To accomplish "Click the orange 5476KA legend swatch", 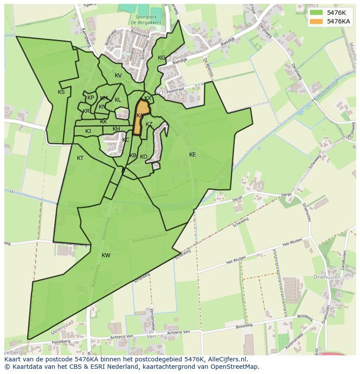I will coord(316,21).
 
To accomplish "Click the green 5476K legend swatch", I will coord(316,13).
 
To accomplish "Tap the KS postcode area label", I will coord(61,92).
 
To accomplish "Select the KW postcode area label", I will coord(106,255).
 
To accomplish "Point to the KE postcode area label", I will coord(193,155).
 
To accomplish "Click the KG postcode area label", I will coord(161,58).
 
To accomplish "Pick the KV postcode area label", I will coord(118,76).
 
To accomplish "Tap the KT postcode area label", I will coord(80,158).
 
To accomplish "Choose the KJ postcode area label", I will coord(88,131).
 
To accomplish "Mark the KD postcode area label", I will coord(144,157).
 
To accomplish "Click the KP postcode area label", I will coord(90,98).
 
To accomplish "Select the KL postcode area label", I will coord(118,100).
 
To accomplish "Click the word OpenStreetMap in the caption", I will coord(235,367).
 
